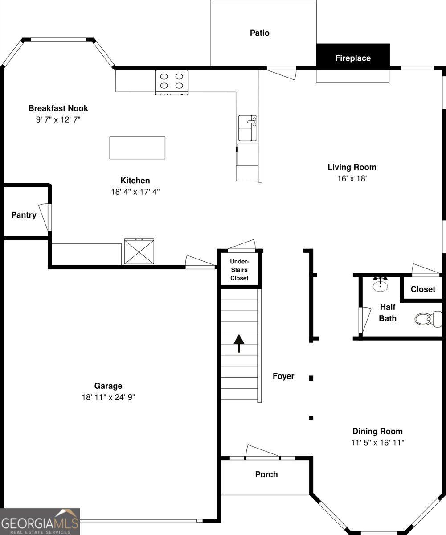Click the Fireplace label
click(x=353, y=58)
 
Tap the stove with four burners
click(x=172, y=82)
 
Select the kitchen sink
click(x=248, y=128)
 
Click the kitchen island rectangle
click(x=137, y=148)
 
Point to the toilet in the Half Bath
click(x=428, y=319)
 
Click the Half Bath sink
click(x=380, y=284)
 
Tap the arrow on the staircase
click(x=239, y=343)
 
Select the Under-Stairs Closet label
click(x=239, y=270)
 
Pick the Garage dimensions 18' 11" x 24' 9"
click(x=108, y=397)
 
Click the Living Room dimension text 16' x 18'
click(x=352, y=179)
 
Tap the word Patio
click(x=260, y=33)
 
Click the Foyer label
click(x=283, y=376)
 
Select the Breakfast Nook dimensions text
click(x=58, y=119)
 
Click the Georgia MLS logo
click(x=40, y=522)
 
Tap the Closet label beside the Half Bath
click(x=423, y=289)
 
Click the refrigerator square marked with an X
click(x=139, y=251)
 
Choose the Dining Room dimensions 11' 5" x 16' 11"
click(x=378, y=443)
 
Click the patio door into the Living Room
click(x=282, y=73)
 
